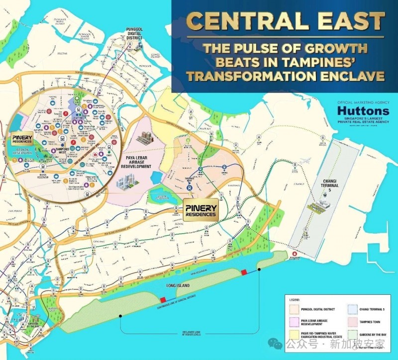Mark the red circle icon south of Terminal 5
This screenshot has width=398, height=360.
pos(295,254)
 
